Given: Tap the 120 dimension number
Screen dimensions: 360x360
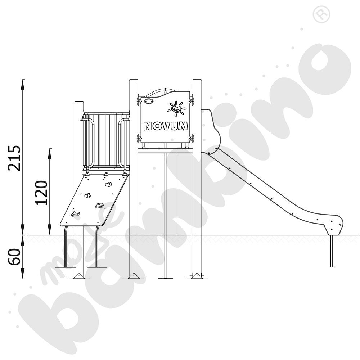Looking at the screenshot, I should point(42,192).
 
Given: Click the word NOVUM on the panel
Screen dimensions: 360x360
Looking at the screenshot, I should point(165,126).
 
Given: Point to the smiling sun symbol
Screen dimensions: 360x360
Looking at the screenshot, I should point(176,108).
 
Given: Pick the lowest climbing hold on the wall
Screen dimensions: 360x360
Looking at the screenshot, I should point(76,214).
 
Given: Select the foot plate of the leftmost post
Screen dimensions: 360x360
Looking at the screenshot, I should point(79,276).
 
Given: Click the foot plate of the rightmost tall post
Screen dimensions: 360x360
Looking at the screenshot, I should point(197,276).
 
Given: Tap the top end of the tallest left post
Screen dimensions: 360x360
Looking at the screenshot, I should point(134,81).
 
